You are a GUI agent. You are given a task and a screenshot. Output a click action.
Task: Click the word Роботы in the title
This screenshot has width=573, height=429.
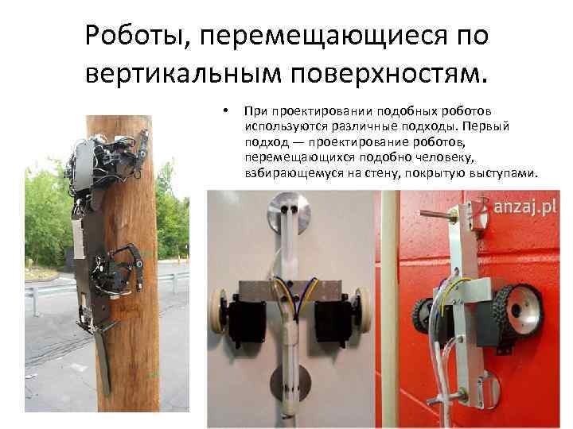(138, 36)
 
